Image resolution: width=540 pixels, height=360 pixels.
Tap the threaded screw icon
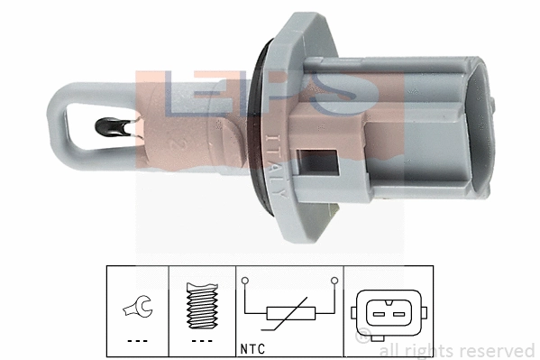203,305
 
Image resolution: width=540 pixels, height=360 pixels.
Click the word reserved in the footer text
498,351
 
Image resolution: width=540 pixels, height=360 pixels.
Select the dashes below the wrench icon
138,342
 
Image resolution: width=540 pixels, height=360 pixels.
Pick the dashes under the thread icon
203,342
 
